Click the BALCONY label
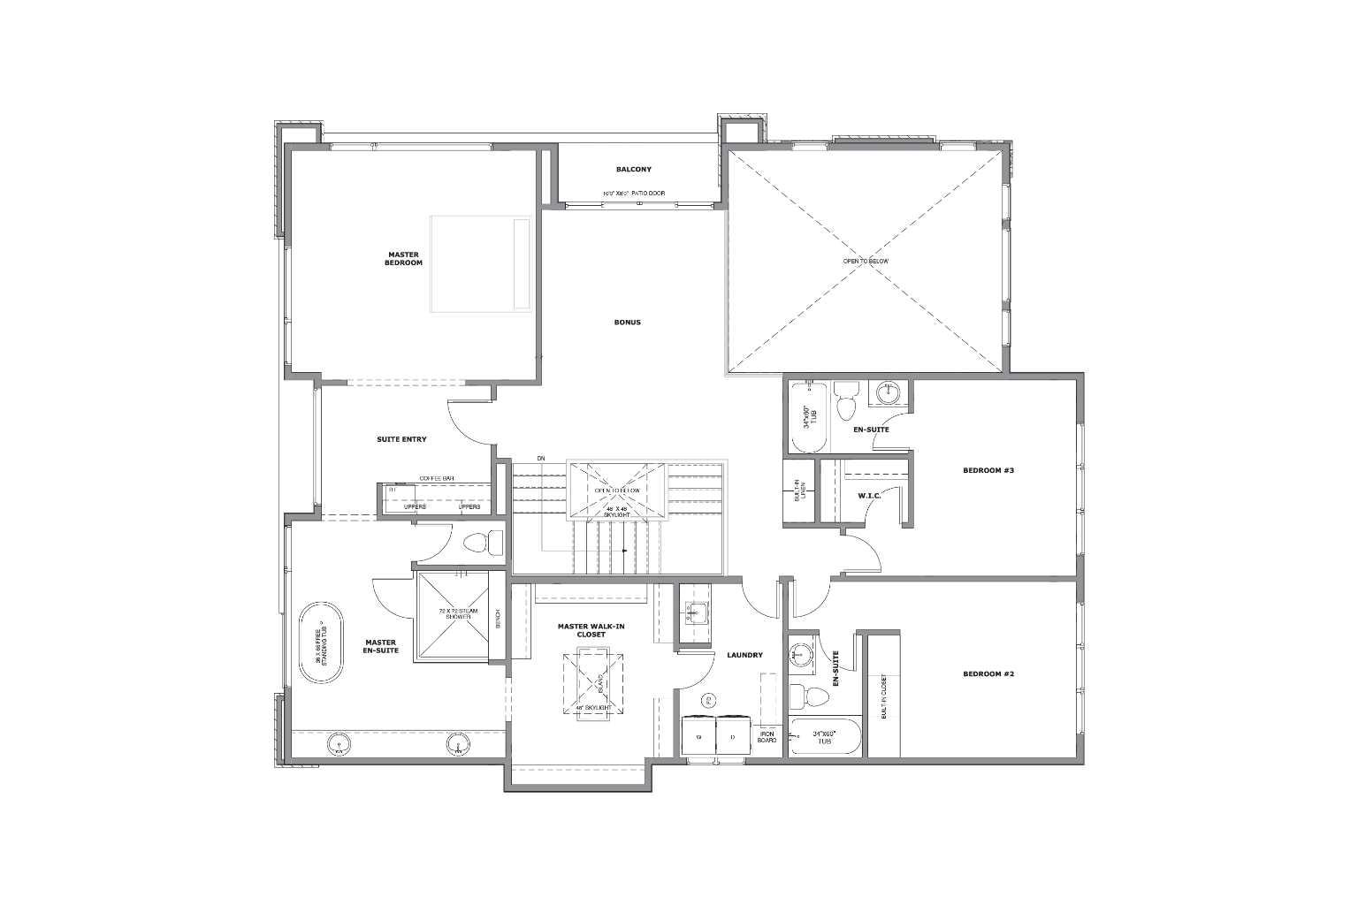coord(633,169)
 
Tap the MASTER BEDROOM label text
coord(403,259)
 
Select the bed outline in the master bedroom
coord(480,263)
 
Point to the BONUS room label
coord(627,322)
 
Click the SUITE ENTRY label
coord(402,439)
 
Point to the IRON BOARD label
coord(767,735)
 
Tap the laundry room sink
coord(695,610)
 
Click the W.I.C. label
coord(869,496)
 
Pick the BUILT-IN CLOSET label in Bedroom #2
coord(883,697)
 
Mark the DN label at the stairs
coord(541,458)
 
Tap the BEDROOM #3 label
coord(988,470)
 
